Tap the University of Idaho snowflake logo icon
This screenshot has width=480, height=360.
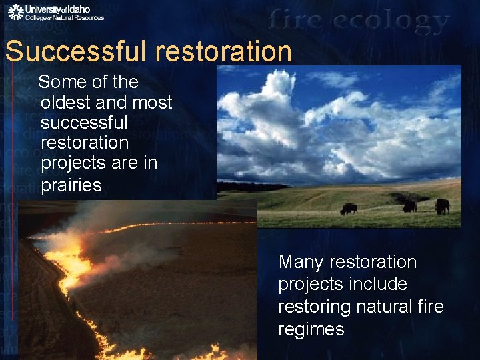point(15,12)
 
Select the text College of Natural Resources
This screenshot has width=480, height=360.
point(65,18)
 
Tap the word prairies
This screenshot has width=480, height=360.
point(71,185)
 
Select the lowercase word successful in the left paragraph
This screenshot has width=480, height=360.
point(83,123)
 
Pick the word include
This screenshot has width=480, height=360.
point(379,284)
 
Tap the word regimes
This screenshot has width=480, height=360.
point(311,329)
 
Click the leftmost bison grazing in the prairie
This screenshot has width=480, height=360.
point(348,209)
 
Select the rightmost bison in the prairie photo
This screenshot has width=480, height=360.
point(442,206)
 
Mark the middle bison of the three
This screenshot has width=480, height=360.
point(409,206)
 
